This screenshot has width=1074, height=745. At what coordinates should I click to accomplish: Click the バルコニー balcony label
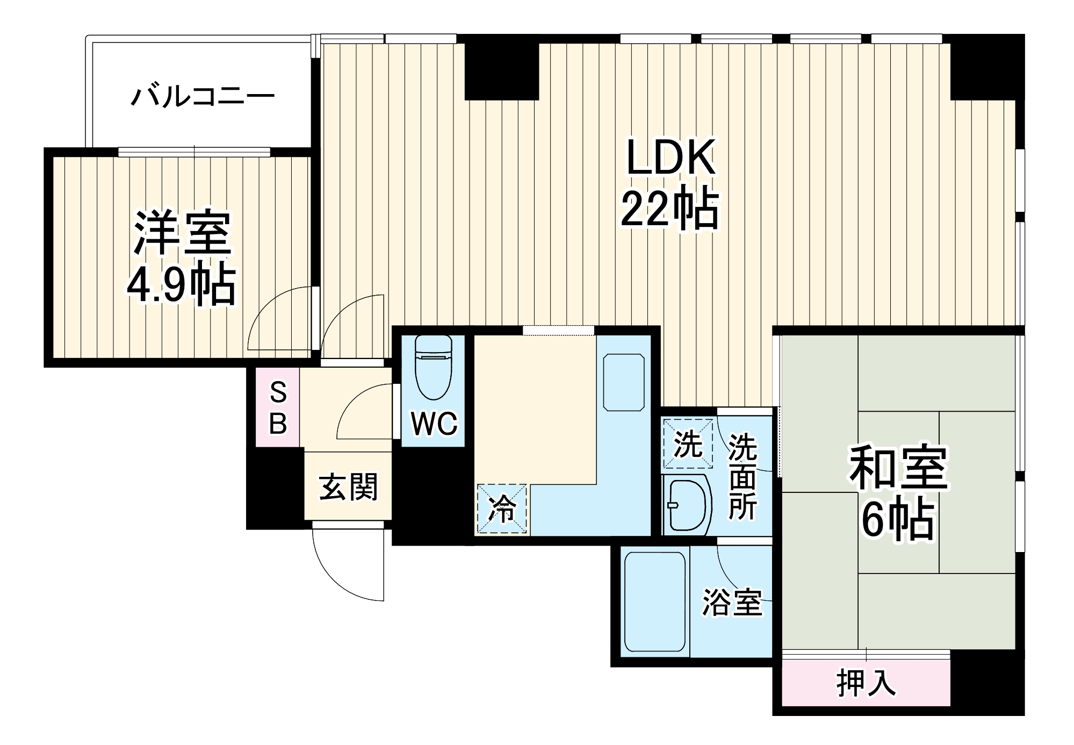203,97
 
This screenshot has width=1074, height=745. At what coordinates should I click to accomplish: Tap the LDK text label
671,157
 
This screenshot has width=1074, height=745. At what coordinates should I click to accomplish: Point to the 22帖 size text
670,210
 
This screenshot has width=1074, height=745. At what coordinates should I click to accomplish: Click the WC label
434,424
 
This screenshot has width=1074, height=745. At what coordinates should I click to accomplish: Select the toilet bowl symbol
433,368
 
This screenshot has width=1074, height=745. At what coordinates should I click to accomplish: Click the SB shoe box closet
277,407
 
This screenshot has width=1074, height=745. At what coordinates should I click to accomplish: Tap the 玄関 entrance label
349,487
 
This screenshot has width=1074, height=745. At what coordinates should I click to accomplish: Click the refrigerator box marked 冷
502,508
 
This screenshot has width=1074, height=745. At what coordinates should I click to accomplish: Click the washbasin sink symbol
687,505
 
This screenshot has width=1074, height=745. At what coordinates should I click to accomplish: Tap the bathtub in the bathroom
655,602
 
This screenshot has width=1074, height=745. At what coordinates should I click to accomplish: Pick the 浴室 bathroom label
732,603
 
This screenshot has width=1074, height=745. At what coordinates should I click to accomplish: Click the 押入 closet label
866,684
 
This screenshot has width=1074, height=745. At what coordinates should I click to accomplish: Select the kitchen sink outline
624,382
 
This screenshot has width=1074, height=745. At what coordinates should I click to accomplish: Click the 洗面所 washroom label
743,476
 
